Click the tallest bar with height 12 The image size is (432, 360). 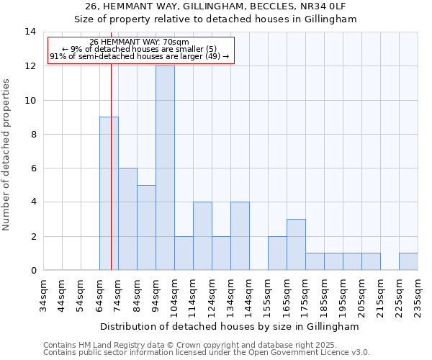165,168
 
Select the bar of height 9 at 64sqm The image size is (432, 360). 109,194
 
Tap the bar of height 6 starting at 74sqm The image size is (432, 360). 127,219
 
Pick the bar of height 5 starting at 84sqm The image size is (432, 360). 146,228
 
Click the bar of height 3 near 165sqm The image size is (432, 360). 296,245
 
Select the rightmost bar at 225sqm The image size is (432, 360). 408,261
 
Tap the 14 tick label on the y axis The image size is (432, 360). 30,32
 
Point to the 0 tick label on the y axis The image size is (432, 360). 32,270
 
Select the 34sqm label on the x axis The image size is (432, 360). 43,296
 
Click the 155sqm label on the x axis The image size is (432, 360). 268,296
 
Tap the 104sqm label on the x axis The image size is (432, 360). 174,296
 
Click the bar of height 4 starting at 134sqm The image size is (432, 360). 240,236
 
